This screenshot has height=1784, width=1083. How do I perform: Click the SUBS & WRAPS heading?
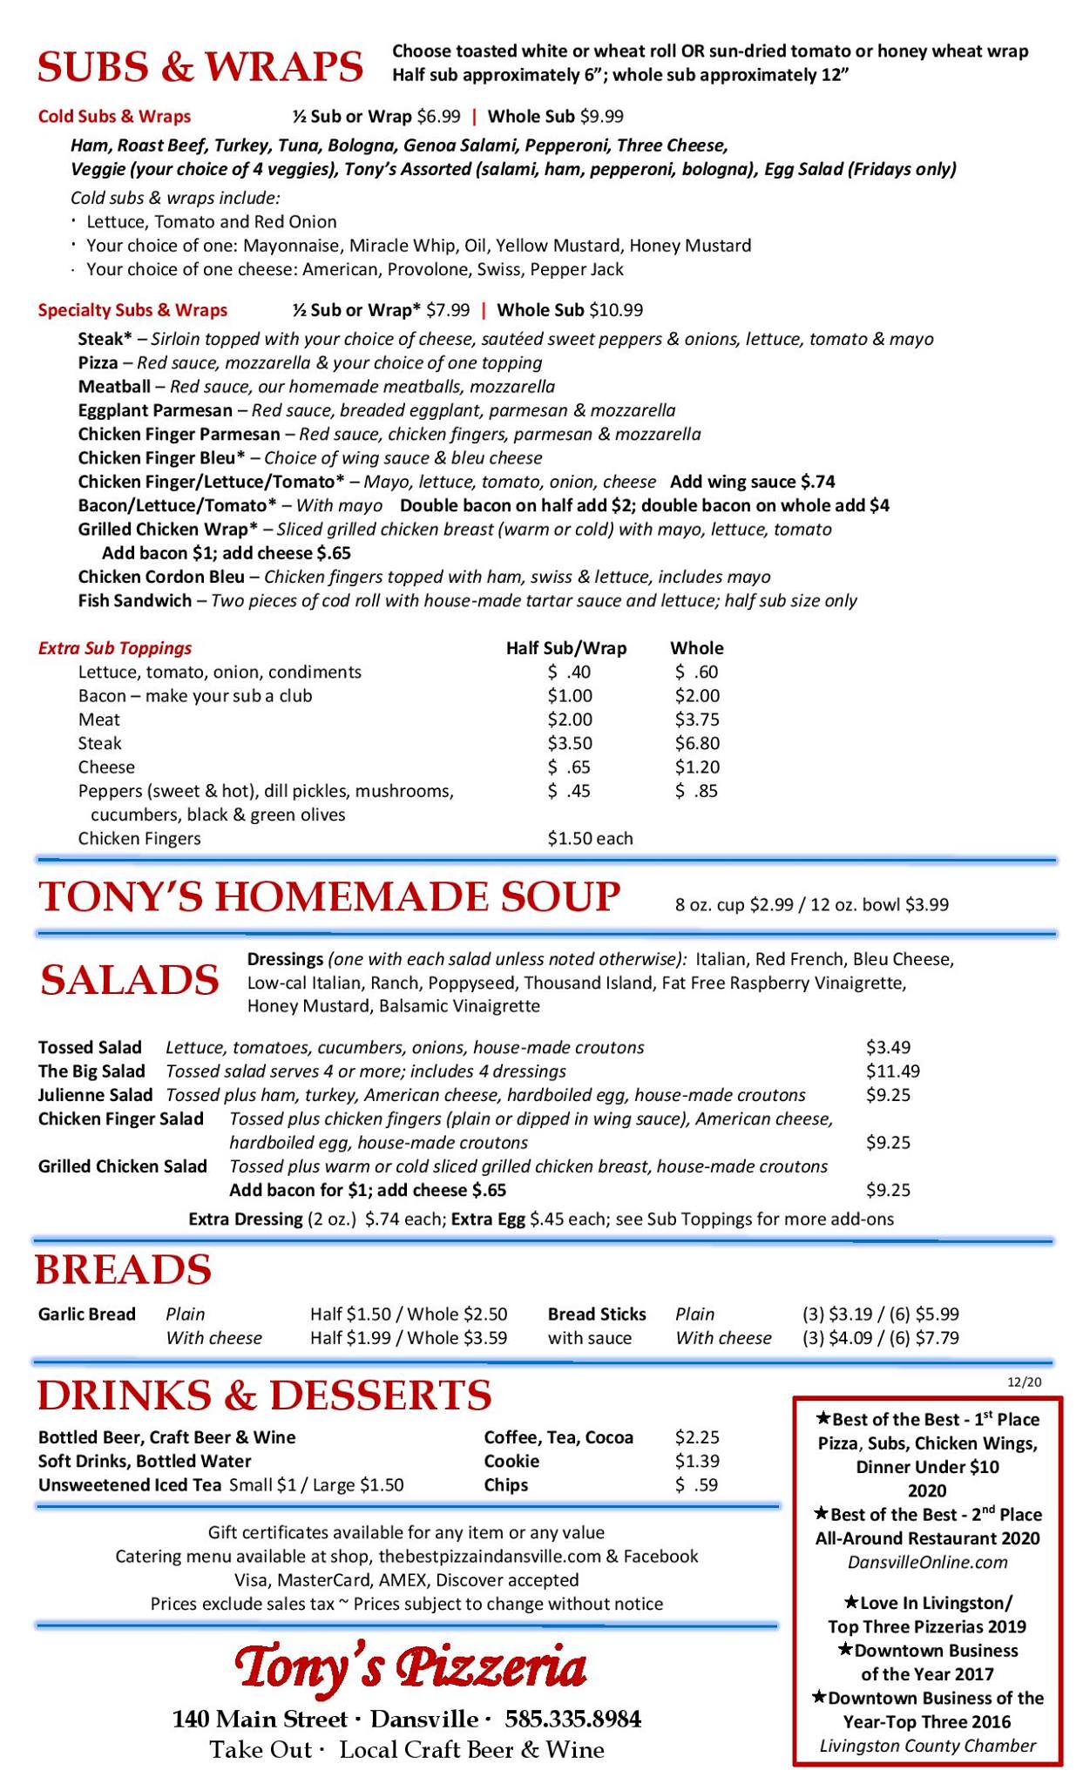[x=200, y=67]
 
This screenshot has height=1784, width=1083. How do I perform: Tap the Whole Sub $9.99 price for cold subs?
[x=555, y=117]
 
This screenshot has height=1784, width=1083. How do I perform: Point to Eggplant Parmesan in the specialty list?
[x=155, y=410]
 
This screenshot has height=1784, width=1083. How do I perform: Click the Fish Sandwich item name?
[x=134, y=600]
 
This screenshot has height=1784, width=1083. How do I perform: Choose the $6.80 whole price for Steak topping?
[x=697, y=743]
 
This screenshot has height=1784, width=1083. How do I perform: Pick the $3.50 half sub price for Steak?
[x=570, y=743]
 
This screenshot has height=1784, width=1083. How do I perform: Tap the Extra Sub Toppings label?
[x=115, y=648]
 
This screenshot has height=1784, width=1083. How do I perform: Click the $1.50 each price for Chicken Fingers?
[x=590, y=838]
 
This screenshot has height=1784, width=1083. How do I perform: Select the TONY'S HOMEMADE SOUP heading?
[x=329, y=897]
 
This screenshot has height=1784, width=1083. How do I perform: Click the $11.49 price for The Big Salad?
[x=892, y=1071]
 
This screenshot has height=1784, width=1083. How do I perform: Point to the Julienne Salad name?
[x=95, y=1095]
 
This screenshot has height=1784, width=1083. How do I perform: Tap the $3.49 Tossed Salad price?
[x=888, y=1047]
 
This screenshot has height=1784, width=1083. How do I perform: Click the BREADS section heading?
[x=123, y=1269]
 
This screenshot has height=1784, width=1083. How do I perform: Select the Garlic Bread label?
[x=87, y=1314]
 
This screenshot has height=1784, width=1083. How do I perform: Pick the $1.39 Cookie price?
[x=697, y=1461]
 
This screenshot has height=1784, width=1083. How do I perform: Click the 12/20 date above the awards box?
[x=1024, y=1382]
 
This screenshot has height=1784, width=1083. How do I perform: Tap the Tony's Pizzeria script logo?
[x=410, y=1668]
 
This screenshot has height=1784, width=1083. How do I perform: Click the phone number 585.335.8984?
[x=572, y=1720]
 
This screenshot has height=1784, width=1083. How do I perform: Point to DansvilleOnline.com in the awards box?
[x=927, y=1562]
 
